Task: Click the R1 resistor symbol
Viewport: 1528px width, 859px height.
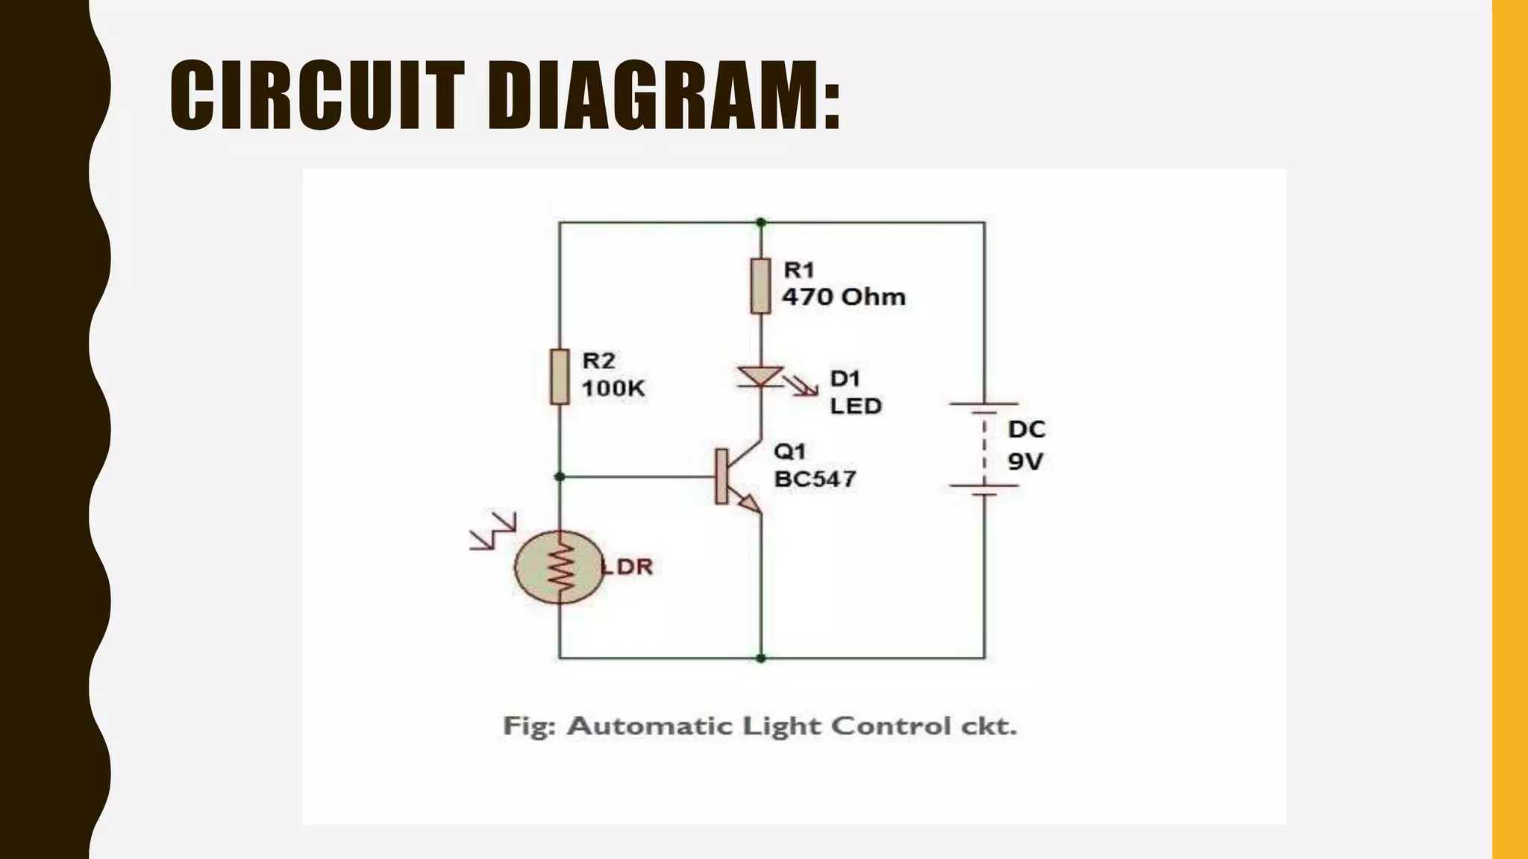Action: [760, 286]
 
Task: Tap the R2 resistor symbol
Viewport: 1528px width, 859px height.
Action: [560, 377]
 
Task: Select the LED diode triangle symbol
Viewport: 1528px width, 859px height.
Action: [760, 376]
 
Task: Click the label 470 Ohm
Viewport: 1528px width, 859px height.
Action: [843, 297]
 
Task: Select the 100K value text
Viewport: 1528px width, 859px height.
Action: [613, 388]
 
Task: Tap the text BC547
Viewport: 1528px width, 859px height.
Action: [815, 479]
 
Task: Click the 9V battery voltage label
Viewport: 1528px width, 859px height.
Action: [1024, 462]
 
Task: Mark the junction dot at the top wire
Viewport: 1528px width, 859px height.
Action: [760, 222]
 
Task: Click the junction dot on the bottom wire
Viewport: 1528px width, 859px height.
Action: [760, 658]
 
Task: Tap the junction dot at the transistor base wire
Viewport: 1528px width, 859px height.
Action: [560, 476]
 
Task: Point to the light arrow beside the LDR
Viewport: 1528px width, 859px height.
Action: [492, 530]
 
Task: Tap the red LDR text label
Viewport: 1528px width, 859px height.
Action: [627, 567]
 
